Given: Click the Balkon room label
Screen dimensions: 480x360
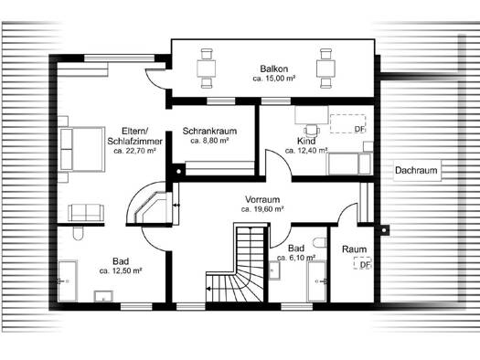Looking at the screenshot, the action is pyautogui.click(x=274, y=69).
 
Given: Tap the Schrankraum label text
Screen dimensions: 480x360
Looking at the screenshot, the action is pyautogui.click(x=209, y=132).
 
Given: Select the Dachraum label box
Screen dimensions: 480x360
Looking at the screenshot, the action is pyautogui.click(x=417, y=170).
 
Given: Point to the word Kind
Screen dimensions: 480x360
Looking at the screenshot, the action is pyautogui.click(x=306, y=141).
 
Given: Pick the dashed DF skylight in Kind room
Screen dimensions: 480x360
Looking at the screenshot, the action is pyautogui.click(x=347, y=123).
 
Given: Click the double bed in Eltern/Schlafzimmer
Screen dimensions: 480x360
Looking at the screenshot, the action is pyautogui.click(x=82, y=149).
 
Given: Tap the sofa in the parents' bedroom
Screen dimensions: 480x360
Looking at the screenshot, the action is pyautogui.click(x=86, y=213).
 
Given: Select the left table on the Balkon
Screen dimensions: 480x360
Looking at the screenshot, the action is pyautogui.click(x=207, y=69).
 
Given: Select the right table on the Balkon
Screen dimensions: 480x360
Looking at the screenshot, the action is pyautogui.click(x=325, y=69).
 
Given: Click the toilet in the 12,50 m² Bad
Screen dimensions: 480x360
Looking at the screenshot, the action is pyautogui.click(x=79, y=233).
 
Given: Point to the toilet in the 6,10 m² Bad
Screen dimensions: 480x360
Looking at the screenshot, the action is pyautogui.click(x=320, y=241).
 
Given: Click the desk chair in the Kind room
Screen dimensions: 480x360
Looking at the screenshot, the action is pyautogui.click(x=312, y=130).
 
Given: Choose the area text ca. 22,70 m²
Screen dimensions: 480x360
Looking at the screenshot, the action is pyautogui.click(x=134, y=151).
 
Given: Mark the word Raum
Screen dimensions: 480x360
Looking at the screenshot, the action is pyautogui.click(x=354, y=249).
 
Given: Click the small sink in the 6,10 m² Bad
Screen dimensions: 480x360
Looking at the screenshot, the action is pyautogui.click(x=274, y=270).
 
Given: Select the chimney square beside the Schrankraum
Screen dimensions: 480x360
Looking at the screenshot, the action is pyautogui.click(x=179, y=170).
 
